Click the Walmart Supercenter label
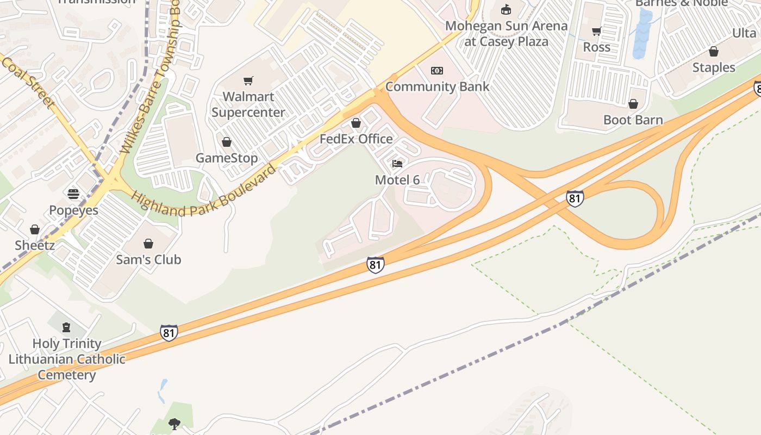point(248,104)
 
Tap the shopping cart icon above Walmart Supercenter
point(248,81)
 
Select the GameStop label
point(227,158)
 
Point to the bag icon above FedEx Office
point(356,123)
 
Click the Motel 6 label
point(398,179)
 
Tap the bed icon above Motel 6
point(398,164)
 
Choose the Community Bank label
point(437,86)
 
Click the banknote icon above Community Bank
point(437,71)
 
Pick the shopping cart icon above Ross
point(596,32)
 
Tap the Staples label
point(713,67)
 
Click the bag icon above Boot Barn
point(633,104)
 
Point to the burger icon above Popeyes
point(73,194)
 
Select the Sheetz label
point(35,245)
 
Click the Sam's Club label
point(148,259)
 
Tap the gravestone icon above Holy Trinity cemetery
point(66,327)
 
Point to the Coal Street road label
point(28,82)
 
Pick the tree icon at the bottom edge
point(174,424)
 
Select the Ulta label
point(744,33)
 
